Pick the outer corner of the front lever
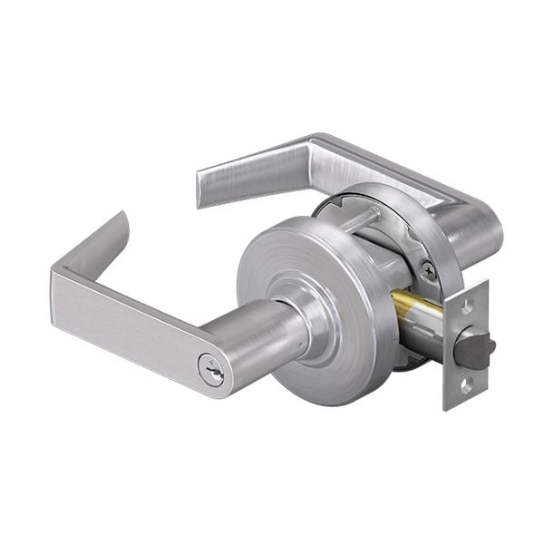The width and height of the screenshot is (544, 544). point(57,272)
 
